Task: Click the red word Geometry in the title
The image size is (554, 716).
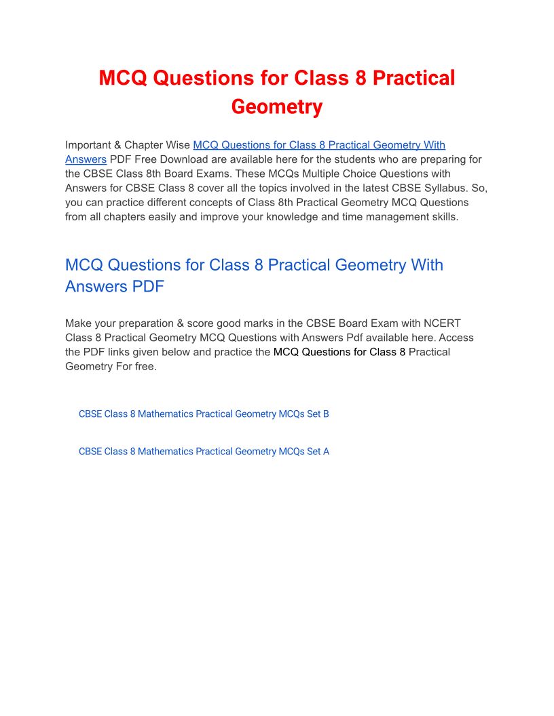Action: (276, 107)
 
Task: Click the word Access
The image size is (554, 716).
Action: (456, 337)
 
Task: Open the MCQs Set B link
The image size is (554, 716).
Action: (204, 414)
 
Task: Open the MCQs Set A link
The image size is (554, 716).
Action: (204, 451)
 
